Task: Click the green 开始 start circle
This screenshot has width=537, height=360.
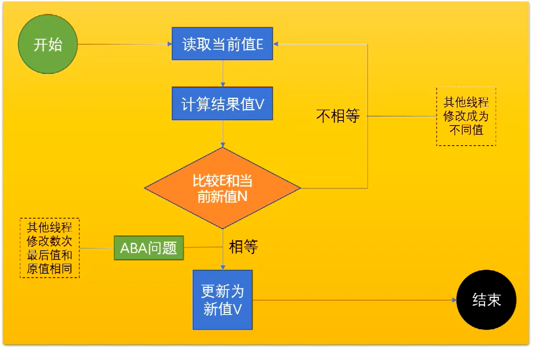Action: click(48, 44)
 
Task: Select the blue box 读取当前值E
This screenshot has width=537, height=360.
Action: click(222, 44)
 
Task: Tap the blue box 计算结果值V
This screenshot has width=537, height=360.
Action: click(222, 103)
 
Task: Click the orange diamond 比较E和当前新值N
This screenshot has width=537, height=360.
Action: click(222, 188)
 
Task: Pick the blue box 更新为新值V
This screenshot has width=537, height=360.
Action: click(222, 300)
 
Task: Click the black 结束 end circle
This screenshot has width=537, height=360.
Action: click(487, 300)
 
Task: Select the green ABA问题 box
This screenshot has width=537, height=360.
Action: click(149, 248)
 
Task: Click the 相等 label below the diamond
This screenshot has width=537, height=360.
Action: click(243, 247)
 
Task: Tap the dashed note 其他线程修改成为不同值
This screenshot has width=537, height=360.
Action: click(466, 116)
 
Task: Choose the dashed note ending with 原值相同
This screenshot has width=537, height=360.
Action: click(50, 248)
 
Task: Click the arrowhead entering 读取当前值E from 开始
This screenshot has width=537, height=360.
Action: click(170, 44)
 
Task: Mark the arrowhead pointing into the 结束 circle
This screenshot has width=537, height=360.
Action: click(454, 300)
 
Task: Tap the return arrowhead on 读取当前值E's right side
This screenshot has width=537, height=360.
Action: click(276, 44)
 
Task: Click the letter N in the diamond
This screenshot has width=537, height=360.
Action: click(242, 196)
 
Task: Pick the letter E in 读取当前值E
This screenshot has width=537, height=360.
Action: click(259, 45)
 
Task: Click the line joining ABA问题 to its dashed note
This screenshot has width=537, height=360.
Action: click(97, 248)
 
